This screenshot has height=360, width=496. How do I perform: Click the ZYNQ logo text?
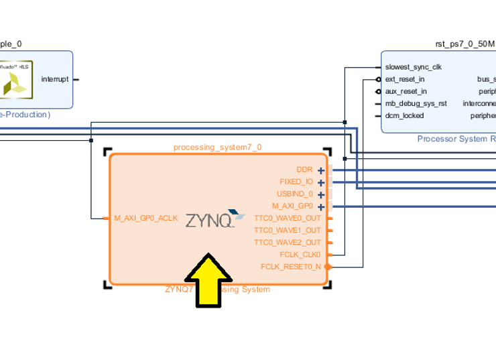pyautogui.click(x=208, y=220)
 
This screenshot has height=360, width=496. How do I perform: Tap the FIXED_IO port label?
pyautogui.click(x=296, y=182)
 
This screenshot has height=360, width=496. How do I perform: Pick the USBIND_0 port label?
pyautogui.click(x=295, y=194)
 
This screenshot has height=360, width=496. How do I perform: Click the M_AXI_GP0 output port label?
pyautogui.click(x=292, y=206)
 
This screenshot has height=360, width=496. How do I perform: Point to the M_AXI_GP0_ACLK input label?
pyautogui.click(x=146, y=218)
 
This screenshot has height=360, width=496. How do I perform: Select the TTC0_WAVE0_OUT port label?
pyautogui.click(x=288, y=218)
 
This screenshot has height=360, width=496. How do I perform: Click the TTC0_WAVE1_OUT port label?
pyautogui.click(x=288, y=230)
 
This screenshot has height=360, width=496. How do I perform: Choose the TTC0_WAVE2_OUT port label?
pyautogui.click(x=288, y=242)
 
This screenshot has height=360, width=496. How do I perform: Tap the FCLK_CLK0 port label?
pyautogui.click(x=300, y=254)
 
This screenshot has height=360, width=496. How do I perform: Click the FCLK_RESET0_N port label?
pyautogui.click(x=291, y=266)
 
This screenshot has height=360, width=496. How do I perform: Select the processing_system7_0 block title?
pyautogui.click(x=217, y=147)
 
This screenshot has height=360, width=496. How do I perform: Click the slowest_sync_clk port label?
pyautogui.click(x=414, y=67)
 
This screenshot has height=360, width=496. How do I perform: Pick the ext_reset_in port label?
pyautogui.click(x=405, y=79)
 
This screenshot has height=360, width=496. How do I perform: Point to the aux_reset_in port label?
pyautogui.click(x=406, y=91)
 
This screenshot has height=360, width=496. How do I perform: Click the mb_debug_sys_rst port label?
pyautogui.click(x=416, y=103)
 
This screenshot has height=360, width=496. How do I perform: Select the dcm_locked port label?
pyautogui.click(x=404, y=115)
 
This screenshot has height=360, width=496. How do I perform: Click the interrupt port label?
pyautogui.click(x=55, y=79)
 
